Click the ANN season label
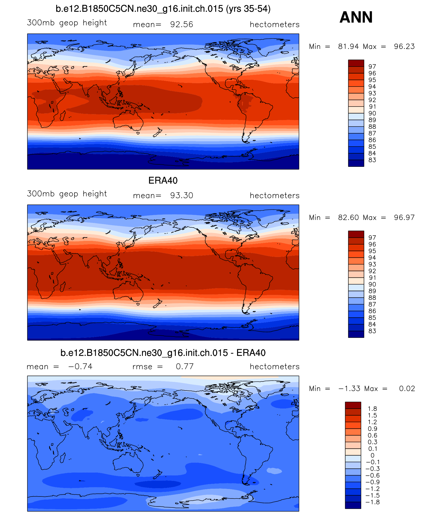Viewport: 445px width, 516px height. pos(356,17)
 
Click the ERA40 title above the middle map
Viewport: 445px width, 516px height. pos(163,181)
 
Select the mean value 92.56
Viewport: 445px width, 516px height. pos(181,24)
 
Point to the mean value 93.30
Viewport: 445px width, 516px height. pos(181,195)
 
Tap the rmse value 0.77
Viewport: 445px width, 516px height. pos(185,366)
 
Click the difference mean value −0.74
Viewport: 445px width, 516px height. pos(80,366)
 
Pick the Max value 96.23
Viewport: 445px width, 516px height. pos(404,47)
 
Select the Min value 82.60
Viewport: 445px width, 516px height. pos(348,217)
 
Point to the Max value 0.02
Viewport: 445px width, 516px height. pos(407,388)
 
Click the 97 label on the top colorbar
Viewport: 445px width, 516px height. pos(372,67)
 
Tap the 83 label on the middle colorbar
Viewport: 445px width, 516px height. pos(372,331)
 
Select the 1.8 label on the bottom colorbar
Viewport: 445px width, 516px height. pos(372,409)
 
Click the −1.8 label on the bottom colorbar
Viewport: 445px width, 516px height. pos(372,502)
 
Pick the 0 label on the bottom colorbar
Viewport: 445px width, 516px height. pos(372,455)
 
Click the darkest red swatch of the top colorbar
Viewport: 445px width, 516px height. pos(356,63)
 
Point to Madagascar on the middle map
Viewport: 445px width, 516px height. pos(62,287)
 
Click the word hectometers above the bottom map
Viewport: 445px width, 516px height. pos(274,366)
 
